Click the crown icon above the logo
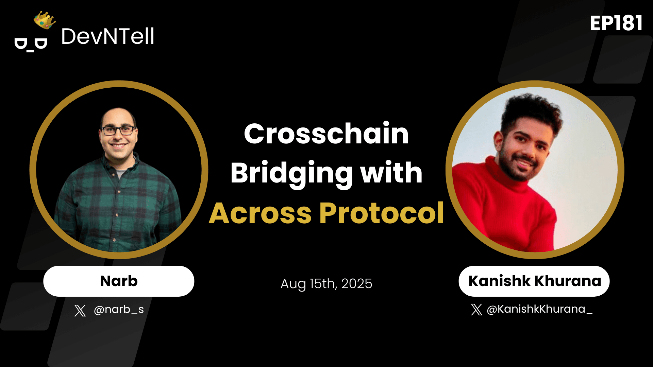pos(45,20)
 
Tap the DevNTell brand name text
pos(108,36)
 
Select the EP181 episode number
pos(616,23)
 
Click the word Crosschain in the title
pos(326,134)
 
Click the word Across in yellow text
pos(260,213)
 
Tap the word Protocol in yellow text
pos(382,213)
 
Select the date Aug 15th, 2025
pos(326,284)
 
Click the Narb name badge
pos(119,281)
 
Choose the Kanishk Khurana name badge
pos(534,281)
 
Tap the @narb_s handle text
pos(119,310)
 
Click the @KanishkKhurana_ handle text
pos(540,309)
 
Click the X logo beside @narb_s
pos(80,310)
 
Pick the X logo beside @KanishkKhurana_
pos(476,310)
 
